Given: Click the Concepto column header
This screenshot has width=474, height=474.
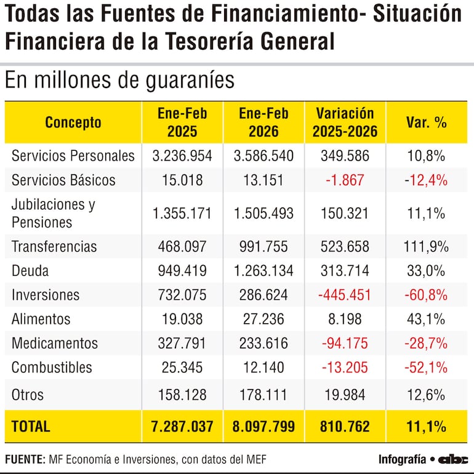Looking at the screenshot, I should [73, 122].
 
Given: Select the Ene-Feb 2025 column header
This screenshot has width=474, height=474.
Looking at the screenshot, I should [182, 122].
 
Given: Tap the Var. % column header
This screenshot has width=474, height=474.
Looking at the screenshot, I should [426, 122].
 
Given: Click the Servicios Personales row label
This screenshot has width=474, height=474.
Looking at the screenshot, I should [73, 156].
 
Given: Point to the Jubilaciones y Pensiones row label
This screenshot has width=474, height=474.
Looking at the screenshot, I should [54, 213].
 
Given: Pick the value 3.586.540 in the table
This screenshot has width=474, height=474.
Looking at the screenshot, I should [263, 156].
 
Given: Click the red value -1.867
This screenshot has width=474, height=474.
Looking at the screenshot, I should [344, 180].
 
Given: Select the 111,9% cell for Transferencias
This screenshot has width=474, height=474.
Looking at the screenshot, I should [426, 247].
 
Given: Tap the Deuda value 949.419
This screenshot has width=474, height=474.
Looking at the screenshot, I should [182, 271].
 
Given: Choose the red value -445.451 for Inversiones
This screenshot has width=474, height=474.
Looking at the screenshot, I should [344, 295].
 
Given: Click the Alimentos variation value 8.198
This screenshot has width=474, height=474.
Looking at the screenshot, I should [344, 319].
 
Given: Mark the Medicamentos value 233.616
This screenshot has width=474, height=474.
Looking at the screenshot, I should [263, 343].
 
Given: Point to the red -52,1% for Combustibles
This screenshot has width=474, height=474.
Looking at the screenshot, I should [426, 368].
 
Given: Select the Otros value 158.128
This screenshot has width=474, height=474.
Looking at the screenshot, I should [182, 395].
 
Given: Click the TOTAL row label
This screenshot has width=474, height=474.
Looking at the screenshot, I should [31, 426].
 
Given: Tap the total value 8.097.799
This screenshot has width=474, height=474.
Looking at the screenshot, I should [263, 426].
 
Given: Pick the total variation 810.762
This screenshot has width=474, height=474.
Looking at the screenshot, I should [344, 426].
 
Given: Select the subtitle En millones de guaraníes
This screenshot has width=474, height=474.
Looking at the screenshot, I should [119, 81].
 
